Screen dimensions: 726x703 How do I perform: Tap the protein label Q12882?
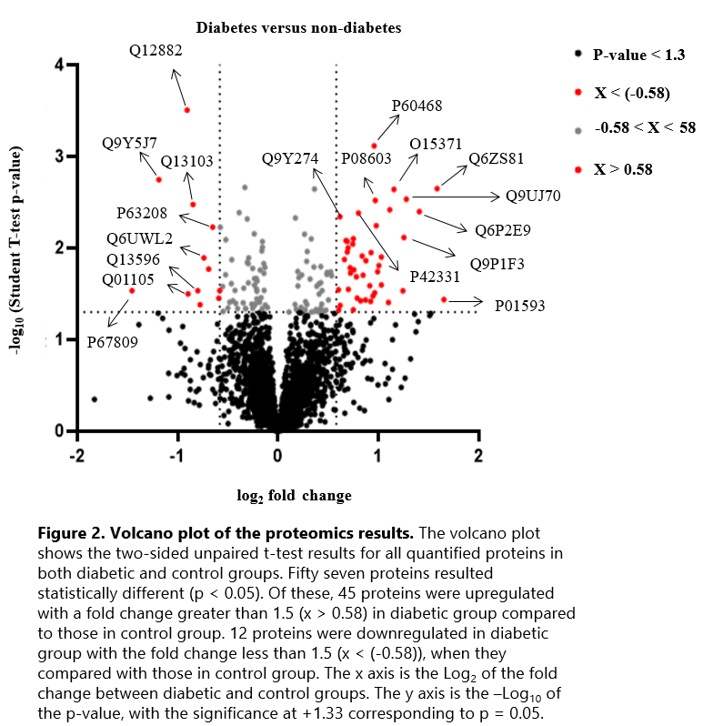[156, 51]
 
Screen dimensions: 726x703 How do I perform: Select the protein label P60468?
[417, 106]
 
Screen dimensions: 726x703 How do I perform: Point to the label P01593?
[520, 306]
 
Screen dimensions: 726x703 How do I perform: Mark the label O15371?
[436, 145]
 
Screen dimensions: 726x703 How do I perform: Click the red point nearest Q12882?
[186, 110]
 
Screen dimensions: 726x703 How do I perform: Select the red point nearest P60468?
[374, 146]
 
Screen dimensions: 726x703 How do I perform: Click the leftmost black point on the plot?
[94, 398]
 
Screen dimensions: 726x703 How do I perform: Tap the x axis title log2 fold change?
[294, 496]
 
